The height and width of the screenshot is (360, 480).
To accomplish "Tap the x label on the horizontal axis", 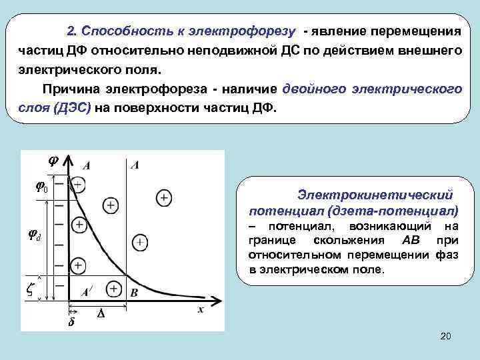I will click(200, 309).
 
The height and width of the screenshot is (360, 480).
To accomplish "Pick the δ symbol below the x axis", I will click(72, 323).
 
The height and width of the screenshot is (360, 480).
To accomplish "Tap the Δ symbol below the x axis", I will click(101, 313).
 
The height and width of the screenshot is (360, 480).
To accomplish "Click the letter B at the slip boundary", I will click(133, 292).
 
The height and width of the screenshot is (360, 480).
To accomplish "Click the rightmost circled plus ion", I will click(163, 198).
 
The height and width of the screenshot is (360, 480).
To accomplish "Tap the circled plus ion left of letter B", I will click(113, 289).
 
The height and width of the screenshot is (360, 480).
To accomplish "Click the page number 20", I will click(446, 337).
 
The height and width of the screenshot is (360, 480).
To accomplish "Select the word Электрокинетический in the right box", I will click(375, 195).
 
